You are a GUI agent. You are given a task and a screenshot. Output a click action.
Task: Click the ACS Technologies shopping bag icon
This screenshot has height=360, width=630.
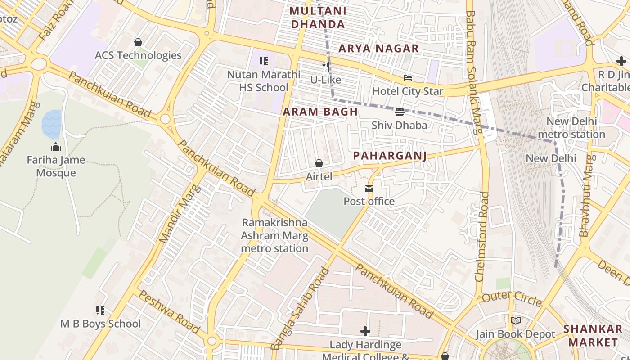[x=138, y=42]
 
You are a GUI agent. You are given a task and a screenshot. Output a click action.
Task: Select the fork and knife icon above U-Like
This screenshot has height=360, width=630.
[x=326, y=67]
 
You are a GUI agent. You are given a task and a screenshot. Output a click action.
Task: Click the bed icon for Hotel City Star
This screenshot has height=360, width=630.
[x=408, y=78]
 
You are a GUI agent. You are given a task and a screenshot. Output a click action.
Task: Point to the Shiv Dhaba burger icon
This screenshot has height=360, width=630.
[x=400, y=112]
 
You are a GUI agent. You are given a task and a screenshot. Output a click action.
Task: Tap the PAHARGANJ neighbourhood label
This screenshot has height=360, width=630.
[x=390, y=156]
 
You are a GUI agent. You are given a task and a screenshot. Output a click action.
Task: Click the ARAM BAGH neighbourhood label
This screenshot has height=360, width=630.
[x=320, y=112]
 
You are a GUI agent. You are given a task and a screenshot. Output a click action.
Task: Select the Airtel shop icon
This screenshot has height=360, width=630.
[x=319, y=163]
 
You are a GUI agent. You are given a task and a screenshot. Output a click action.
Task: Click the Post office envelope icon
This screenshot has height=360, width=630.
[x=369, y=188]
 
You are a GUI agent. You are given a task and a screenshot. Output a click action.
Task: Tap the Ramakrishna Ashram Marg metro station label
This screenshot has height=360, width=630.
[x=274, y=235]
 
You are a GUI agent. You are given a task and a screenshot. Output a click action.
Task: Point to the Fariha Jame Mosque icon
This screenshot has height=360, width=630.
[x=56, y=147]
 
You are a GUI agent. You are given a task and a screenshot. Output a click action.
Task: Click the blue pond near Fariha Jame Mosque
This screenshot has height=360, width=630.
[x=52, y=125]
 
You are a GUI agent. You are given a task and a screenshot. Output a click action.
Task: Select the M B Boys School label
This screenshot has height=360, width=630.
[x=101, y=324]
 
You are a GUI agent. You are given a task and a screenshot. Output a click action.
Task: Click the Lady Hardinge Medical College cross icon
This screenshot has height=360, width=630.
[x=365, y=332]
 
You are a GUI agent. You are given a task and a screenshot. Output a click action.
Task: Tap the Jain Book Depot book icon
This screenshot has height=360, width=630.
[x=516, y=321]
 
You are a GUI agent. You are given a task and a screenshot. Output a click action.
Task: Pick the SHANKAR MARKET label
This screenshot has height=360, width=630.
[x=593, y=335]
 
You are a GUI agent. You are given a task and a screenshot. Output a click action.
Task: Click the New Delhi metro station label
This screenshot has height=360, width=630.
[x=571, y=128]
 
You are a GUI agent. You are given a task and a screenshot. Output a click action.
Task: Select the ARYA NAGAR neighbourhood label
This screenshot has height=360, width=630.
[x=378, y=49]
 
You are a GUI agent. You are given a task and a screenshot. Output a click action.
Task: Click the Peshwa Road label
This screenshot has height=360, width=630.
[x=169, y=311]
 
